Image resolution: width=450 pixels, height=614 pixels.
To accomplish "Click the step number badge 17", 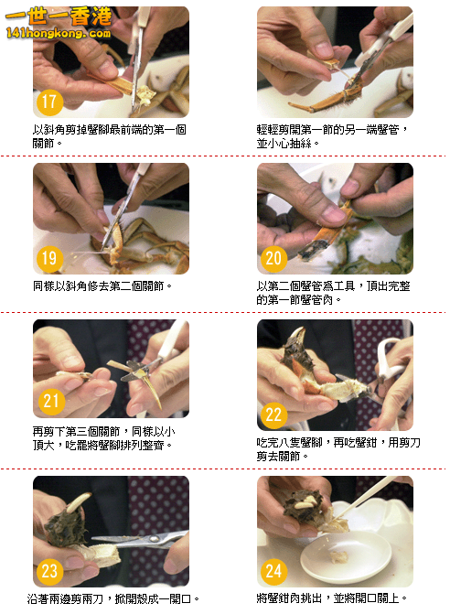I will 48,102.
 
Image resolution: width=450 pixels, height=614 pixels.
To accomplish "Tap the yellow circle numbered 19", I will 48,259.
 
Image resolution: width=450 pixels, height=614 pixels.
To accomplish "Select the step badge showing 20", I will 273,259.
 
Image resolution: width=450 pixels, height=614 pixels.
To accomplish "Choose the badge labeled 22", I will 273,415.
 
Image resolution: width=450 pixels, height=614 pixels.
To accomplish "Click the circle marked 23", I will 48,572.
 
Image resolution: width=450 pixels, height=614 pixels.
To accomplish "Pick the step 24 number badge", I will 273,572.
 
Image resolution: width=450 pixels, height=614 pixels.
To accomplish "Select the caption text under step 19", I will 102,285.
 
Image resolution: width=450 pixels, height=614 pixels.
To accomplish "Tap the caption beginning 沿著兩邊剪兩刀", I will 114,598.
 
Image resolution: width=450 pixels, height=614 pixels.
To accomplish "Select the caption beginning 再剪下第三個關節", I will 102,437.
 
